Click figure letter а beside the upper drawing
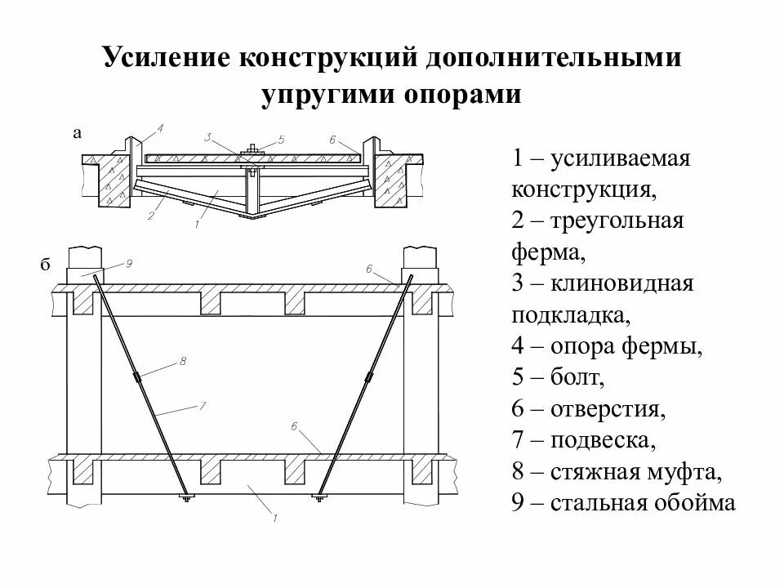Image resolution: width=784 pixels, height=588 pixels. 77,134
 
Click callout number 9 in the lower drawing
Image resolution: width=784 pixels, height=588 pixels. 130,263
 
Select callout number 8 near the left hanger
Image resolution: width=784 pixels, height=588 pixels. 182,360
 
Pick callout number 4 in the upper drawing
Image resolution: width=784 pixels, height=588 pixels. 160,128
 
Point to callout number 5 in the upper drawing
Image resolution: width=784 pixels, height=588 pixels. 281,140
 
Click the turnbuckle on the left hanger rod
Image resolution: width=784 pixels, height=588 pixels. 139,378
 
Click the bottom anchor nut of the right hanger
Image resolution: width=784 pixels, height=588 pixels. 318,496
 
